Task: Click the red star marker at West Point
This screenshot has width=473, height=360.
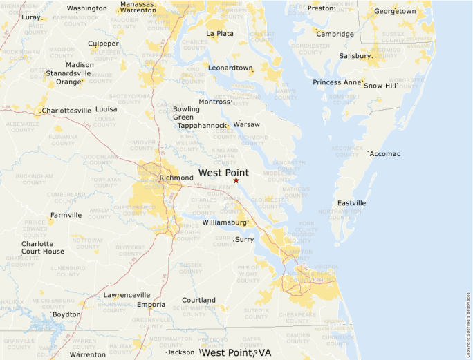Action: point(236,180)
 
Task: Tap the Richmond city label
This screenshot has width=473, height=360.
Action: point(176,178)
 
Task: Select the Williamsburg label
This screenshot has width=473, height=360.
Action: point(225,222)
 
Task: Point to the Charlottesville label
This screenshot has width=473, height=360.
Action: point(66,110)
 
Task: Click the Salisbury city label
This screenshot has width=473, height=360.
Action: point(355,56)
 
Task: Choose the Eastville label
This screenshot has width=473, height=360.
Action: point(351,203)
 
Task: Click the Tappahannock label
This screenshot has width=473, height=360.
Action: point(202,126)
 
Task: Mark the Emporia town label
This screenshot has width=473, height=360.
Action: point(151,304)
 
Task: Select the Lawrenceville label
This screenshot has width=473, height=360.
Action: point(127,295)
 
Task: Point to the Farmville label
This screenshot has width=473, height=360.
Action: point(66,215)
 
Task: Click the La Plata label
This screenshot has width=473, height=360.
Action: point(220,33)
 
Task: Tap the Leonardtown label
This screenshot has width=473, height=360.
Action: point(231,68)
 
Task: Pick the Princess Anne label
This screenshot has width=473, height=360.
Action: point(337,82)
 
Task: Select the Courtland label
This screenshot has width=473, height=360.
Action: point(198,300)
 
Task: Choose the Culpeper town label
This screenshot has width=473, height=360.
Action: point(103,44)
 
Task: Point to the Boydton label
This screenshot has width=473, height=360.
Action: point(66,314)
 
